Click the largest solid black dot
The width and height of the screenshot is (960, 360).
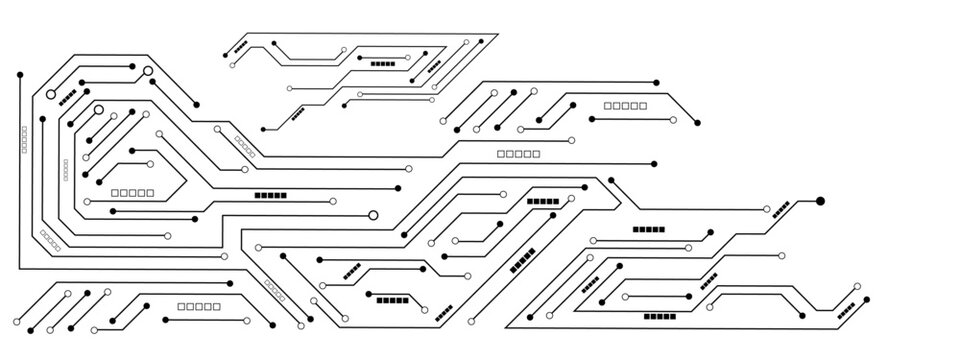(x=820, y=201)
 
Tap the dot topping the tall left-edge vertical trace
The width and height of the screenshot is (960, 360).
(x=19, y=74)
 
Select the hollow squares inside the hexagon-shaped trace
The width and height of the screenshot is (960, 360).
(x=133, y=191)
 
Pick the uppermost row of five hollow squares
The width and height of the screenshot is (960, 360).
(x=625, y=105)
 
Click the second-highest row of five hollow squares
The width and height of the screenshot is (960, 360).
(x=518, y=154)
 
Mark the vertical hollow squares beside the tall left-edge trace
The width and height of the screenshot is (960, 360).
(x=24, y=139)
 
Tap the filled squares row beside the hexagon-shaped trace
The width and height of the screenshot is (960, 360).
(x=270, y=195)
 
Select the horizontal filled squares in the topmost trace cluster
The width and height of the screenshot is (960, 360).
(x=383, y=63)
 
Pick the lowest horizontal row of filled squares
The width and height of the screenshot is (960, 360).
(x=659, y=317)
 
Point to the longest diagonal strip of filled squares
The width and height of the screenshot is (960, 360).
(x=523, y=260)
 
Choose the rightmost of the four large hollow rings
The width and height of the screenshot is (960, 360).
(x=373, y=214)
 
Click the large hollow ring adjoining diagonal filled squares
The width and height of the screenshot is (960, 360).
(x=51, y=95)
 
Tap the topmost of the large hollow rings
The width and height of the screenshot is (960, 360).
(x=148, y=71)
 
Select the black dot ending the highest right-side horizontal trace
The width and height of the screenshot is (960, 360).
(x=657, y=82)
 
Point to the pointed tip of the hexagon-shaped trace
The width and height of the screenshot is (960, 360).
(x=184, y=182)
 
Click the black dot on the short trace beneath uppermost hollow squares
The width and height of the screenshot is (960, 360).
(x=592, y=119)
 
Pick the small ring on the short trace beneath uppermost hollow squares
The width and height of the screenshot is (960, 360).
(x=673, y=120)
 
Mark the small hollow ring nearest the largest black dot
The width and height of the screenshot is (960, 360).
(x=767, y=209)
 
